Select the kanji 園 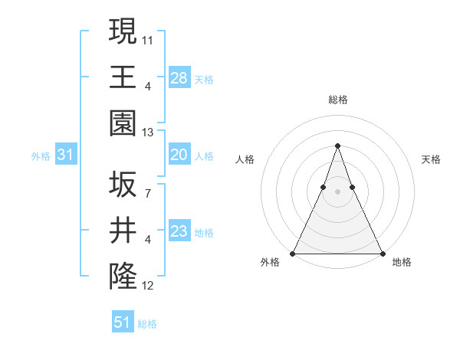point(123,123)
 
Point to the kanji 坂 point(123,185)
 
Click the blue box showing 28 point(179,77)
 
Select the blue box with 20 point(179,155)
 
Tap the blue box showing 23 point(179,231)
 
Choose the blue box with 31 point(66,155)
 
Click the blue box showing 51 point(123,322)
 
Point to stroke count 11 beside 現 point(148,38)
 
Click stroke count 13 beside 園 point(148,133)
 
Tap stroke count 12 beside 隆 point(148,286)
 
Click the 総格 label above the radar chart point(338,100)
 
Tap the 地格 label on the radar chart point(402,263)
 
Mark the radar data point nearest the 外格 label point(293,254)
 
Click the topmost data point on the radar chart point(337,146)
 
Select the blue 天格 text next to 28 point(204,79)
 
